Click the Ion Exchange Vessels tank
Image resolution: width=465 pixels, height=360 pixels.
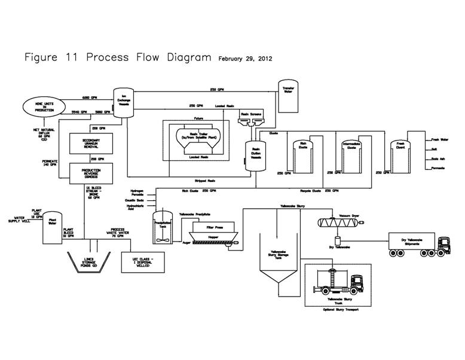[123, 103]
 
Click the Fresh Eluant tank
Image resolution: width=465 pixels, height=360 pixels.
[399, 154]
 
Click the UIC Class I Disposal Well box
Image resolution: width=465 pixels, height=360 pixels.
[143, 262]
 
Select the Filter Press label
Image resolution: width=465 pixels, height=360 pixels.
[214, 228]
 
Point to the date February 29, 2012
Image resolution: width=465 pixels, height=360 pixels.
[245, 59]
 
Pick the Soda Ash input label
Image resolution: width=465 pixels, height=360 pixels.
[438, 159]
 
